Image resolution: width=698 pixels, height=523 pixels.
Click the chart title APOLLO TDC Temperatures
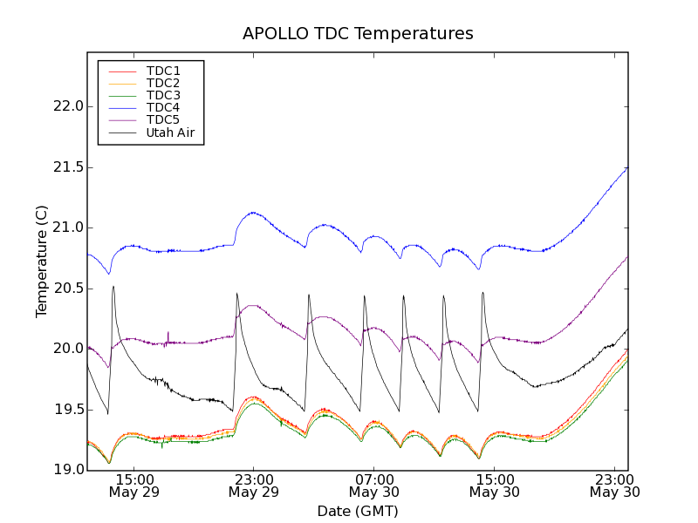358,34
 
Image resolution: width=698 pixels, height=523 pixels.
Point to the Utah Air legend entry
170,132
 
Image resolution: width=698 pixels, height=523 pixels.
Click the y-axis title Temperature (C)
42,261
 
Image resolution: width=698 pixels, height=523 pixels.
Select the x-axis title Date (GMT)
358,511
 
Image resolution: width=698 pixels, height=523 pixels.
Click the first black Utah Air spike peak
113,287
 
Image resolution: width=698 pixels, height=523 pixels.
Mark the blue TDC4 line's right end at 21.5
626,168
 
